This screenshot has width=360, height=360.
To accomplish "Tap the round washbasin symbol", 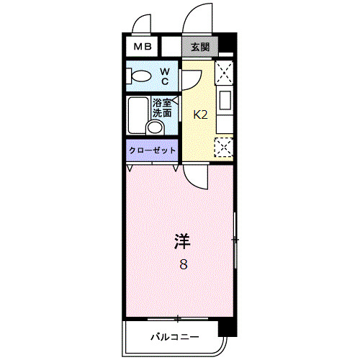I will [x=153, y=128].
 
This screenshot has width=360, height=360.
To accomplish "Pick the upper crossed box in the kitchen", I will [x=225, y=72].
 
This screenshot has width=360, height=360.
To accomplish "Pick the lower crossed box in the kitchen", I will [x=225, y=147].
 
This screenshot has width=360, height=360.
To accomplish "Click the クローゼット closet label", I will [x=152, y=150].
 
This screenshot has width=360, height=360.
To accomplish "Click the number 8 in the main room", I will [x=184, y=264].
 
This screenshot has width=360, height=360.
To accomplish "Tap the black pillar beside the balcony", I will [x=228, y=328].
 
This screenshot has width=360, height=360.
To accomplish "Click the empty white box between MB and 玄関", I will [x=171, y=47].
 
